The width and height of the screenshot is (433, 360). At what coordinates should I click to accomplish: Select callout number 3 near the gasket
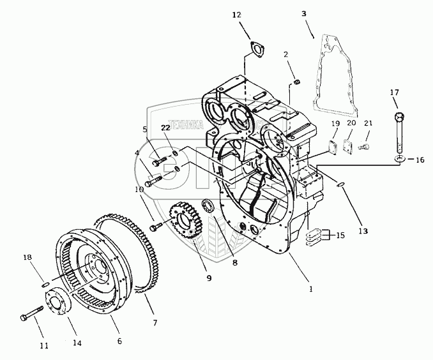tap(303, 13)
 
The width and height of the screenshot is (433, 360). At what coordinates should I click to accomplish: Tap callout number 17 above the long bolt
tap(394, 93)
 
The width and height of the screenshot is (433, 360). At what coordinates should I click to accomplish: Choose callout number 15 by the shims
tap(340, 236)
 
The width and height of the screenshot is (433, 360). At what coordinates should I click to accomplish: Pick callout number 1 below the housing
tap(311, 289)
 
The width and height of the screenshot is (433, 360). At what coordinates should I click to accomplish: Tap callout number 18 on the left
tap(27, 257)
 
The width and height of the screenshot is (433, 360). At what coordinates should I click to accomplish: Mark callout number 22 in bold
tap(165, 128)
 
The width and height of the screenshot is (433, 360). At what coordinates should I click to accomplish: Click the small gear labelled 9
tap(185, 223)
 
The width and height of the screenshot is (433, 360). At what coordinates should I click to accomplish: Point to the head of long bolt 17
tap(399, 117)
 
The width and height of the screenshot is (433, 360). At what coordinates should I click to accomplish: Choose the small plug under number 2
tap(296, 80)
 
